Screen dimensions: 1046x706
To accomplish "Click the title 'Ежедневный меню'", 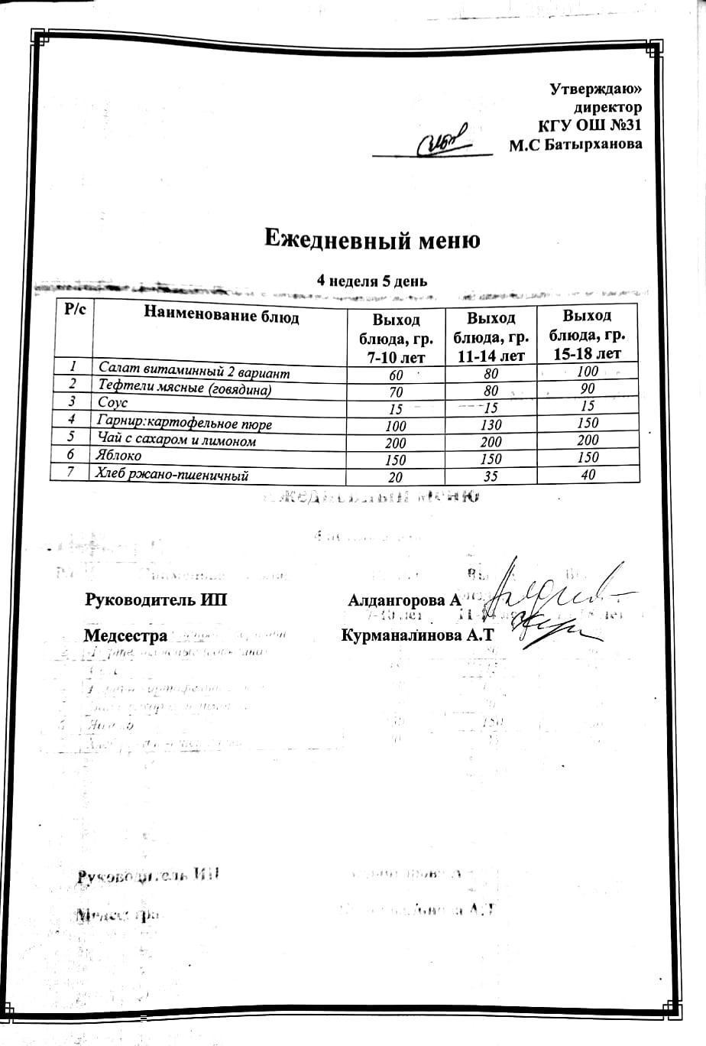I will (x=372, y=240).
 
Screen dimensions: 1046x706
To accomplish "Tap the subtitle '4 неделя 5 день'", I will (x=372, y=281).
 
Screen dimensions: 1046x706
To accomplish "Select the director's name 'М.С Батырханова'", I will (x=575, y=144).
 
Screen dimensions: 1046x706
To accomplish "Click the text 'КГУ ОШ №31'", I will (x=590, y=126).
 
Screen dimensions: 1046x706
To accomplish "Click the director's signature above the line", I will (x=444, y=141).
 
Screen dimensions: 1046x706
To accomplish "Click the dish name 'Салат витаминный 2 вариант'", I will (x=194, y=372).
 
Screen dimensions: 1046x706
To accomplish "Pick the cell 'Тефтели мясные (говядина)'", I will (x=184, y=389).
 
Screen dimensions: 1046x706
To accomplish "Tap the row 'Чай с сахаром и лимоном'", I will (x=176, y=441).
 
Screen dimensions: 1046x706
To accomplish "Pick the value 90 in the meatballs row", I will (x=587, y=388).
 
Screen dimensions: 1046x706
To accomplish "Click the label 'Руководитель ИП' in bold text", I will (x=155, y=600).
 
